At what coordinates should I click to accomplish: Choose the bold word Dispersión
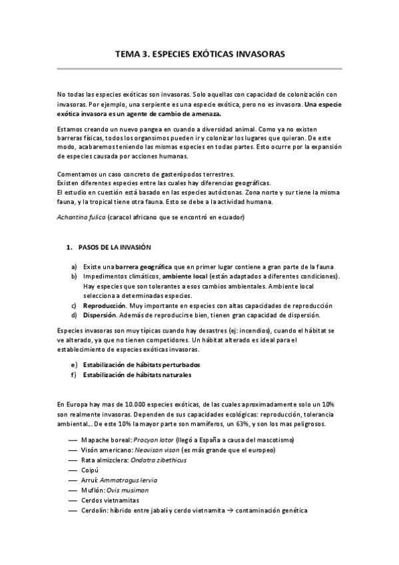99,315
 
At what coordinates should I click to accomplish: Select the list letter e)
73,364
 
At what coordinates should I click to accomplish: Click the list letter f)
73,374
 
